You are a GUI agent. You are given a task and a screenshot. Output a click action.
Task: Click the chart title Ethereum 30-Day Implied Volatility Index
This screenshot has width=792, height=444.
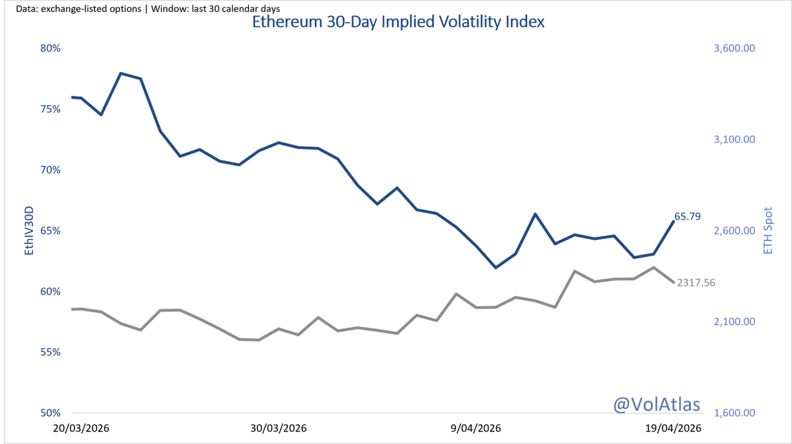click(398, 22)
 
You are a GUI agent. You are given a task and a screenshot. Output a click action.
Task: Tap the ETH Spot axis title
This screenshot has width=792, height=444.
click(768, 231)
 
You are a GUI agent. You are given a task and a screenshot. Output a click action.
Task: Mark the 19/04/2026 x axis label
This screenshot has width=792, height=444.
click(673, 428)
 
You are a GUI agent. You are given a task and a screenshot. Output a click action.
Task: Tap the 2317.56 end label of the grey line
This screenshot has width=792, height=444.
click(696, 282)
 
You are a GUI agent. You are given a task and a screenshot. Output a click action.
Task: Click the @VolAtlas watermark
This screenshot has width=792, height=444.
click(657, 404)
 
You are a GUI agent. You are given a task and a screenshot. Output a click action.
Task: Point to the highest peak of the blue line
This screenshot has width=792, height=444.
click(121, 73)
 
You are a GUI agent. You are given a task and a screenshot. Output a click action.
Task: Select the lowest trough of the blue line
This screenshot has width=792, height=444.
click(495, 268)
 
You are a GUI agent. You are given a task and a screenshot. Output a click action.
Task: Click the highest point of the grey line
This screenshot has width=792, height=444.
click(653, 268)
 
